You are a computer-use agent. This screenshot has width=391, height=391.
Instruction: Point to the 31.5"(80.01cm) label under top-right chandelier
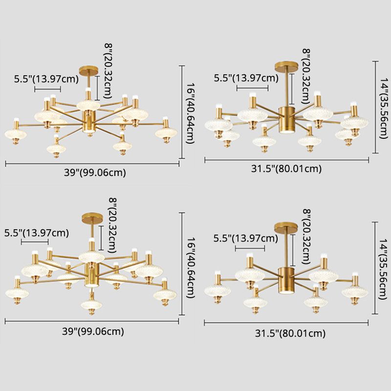286,169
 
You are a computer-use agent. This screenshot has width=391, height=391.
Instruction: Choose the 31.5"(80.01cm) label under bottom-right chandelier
290,334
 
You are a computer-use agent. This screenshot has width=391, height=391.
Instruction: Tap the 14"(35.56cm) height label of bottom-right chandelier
384,267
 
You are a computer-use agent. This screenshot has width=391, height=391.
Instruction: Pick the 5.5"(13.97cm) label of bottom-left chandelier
36,232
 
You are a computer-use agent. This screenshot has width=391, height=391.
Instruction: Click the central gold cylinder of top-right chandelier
285,119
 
